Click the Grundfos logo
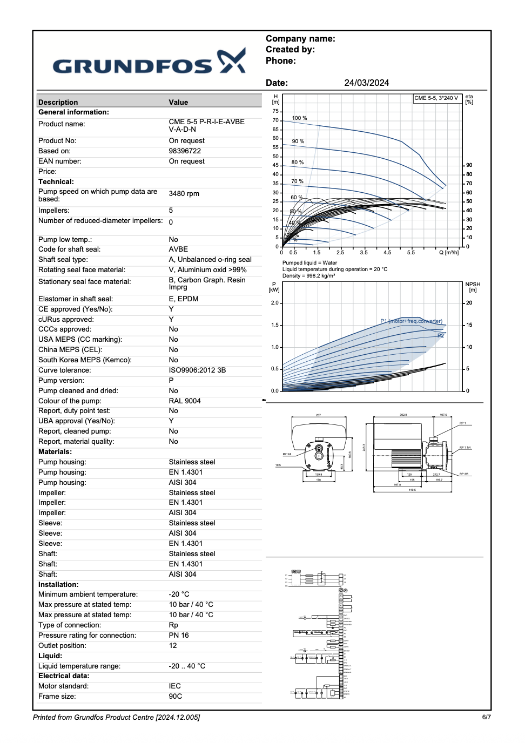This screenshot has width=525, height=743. click(x=149, y=62)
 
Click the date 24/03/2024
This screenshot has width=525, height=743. click(x=366, y=83)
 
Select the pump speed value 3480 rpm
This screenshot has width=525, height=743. click(x=184, y=194)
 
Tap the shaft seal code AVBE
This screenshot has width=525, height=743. click(x=178, y=249)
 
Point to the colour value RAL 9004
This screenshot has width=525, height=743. click(x=185, y=401)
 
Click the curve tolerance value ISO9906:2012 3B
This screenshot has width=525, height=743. click(x=197, y=370)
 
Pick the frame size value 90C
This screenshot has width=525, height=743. click(x=176, y=697)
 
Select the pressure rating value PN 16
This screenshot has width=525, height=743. click(x=179, y=636)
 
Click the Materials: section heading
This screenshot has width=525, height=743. click(x=55, y=452)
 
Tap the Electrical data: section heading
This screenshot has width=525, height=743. click(x=64, y=676)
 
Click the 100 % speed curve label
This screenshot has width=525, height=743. click(x=299, y=118)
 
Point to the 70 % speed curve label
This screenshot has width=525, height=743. click(x=297, y=181)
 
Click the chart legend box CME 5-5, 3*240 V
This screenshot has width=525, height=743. click(x=436, y=98)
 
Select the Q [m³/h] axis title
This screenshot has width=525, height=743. click(x=449, y=253)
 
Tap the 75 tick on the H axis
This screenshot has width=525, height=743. click(x=275, y=111)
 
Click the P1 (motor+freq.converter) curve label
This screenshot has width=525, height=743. click(x=411, y=321)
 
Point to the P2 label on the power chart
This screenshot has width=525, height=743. click(x=441, y=335)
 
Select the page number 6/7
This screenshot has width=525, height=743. click(x=486, y=717)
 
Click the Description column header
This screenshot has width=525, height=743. click(x=58, y=102)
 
